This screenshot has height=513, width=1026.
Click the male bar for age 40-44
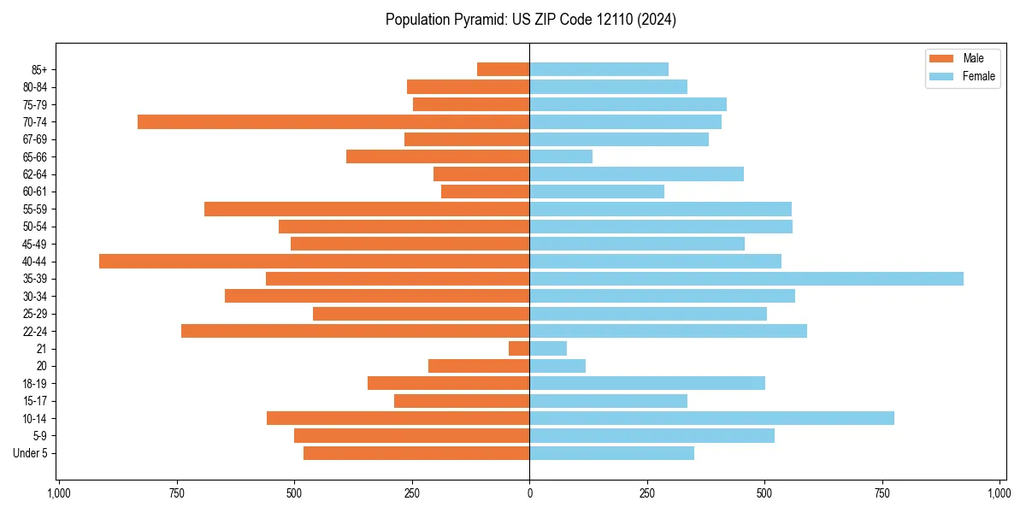(314, 262)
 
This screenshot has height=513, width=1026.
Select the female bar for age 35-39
(746, 279)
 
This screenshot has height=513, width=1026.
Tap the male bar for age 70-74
(333, 122)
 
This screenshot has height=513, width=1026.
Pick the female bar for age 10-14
(711, 418)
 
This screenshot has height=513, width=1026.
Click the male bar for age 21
(519, 349)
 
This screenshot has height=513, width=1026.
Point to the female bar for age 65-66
(561, 156)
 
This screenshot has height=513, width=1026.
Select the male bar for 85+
(503, 69)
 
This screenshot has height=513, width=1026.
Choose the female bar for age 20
(557, 366)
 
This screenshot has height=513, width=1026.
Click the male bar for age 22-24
(355, 331)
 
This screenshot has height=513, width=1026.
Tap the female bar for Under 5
(611, 453)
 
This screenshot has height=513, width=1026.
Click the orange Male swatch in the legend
(941, 58)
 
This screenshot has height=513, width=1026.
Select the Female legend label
(979, 76)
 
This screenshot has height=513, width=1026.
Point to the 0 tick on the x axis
(529, 493)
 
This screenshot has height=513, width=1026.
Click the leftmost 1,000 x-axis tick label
(58, 493)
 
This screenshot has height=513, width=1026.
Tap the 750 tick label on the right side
(882, 493)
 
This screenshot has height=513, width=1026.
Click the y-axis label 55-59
(35, 209)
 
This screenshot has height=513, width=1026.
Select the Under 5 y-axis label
(30, 453)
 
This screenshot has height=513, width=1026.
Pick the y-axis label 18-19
(35, 384)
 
